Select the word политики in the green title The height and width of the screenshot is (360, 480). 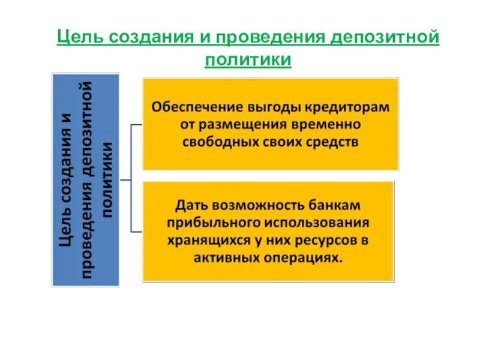pos(248,60)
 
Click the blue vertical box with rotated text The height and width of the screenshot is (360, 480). pos(86,179)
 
